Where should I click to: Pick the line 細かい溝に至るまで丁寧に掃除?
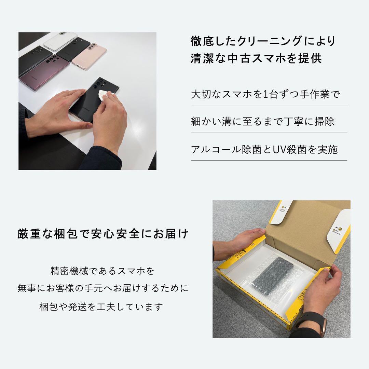pyautogui.click(x=263, y=122)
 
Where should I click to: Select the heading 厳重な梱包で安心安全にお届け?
pyautogui.click(x=103, y=234)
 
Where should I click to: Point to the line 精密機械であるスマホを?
pyautogui.click(x=102, y=271)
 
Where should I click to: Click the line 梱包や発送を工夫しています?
pyautogui.click(x=101, y=306)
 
